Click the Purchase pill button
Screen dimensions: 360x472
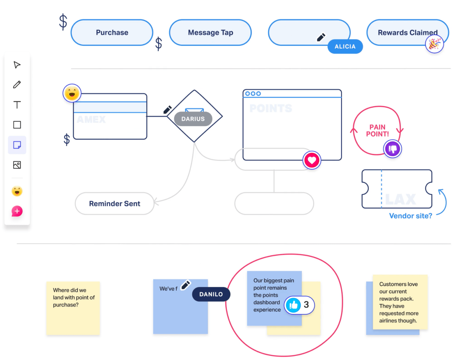tap(112, 33)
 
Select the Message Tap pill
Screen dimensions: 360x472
tap(210, 33)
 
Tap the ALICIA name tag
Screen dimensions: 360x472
tap(345, 46)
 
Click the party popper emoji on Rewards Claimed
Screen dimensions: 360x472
tap(434, 44)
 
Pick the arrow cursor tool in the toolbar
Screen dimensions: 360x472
tap(17, 65)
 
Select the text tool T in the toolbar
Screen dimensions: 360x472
tap(17, 105)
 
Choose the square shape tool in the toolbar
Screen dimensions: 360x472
tap(17, 125)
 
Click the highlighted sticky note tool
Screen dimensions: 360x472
tap(17, 145)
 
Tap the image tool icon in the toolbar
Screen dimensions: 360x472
tap(17, 165)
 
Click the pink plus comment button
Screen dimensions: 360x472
tap(17, 211)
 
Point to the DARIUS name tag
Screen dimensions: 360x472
tap(193, 119)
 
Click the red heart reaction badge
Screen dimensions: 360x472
tap(312, 160)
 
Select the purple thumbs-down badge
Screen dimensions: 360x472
tap(392, 149)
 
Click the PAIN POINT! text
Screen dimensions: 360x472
tap(377, 131)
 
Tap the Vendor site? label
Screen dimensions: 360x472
tap(410, 216)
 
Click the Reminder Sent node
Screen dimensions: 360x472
tap(115, 204)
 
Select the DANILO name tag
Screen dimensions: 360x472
tap(211, 294)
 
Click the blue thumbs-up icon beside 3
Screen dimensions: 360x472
tap(293, 305)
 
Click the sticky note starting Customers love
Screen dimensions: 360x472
tap(400, 302)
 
